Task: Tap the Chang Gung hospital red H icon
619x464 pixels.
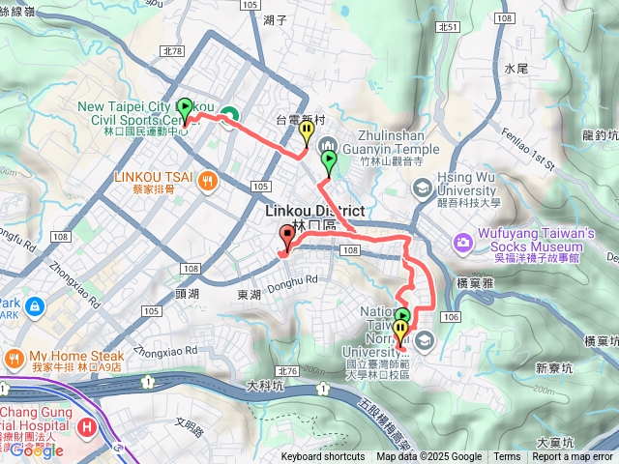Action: pyautogui.click(x=88, y=426)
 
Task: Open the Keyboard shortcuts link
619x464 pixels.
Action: pyautogui.click(x=323, y=457)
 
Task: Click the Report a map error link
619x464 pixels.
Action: pyautogui.click(x=573, y=457)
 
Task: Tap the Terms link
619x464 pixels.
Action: pyautogui.click(x=507, y=457)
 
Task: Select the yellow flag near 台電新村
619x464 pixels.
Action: pyautogui.click(x=307, y=130)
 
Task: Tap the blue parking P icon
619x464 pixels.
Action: pyautogui.click(x=35, y=306)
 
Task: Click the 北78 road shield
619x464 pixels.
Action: pyautogui.click(x=173, y=50)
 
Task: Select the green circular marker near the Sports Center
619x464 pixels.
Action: pyautogui.click(x=229, y=117)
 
